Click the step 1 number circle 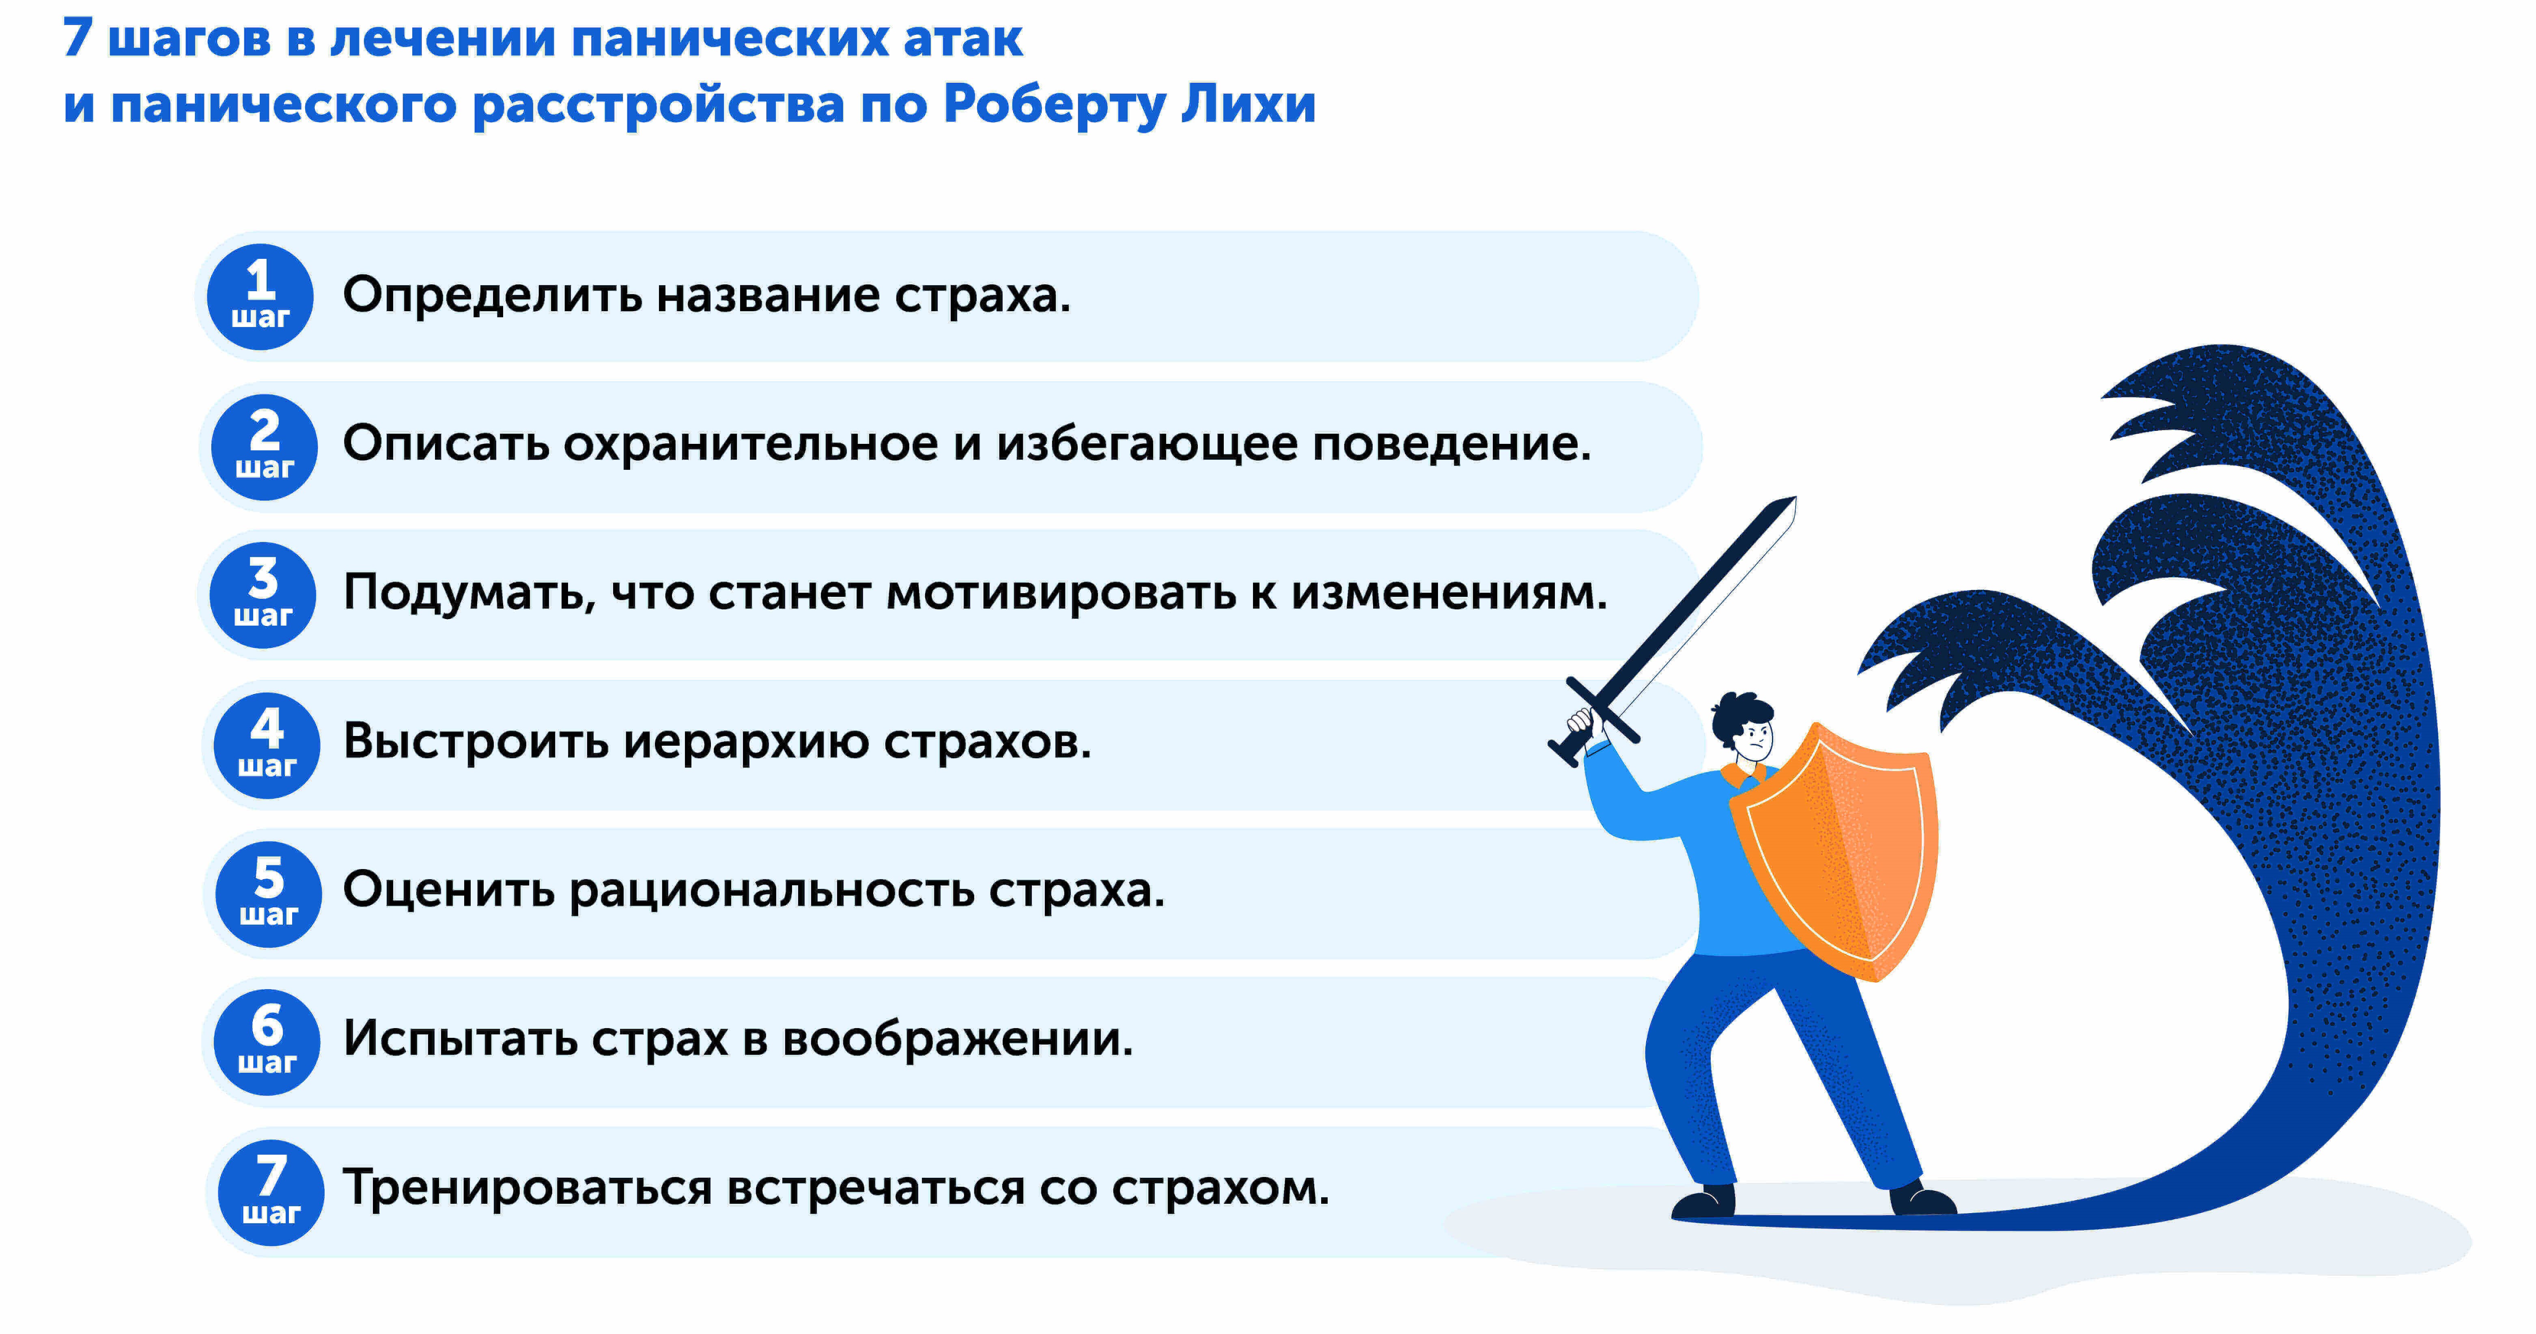pos(260,296)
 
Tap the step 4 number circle pos(267,745)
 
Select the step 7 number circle pos(271,1192)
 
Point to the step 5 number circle pos(269,894)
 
